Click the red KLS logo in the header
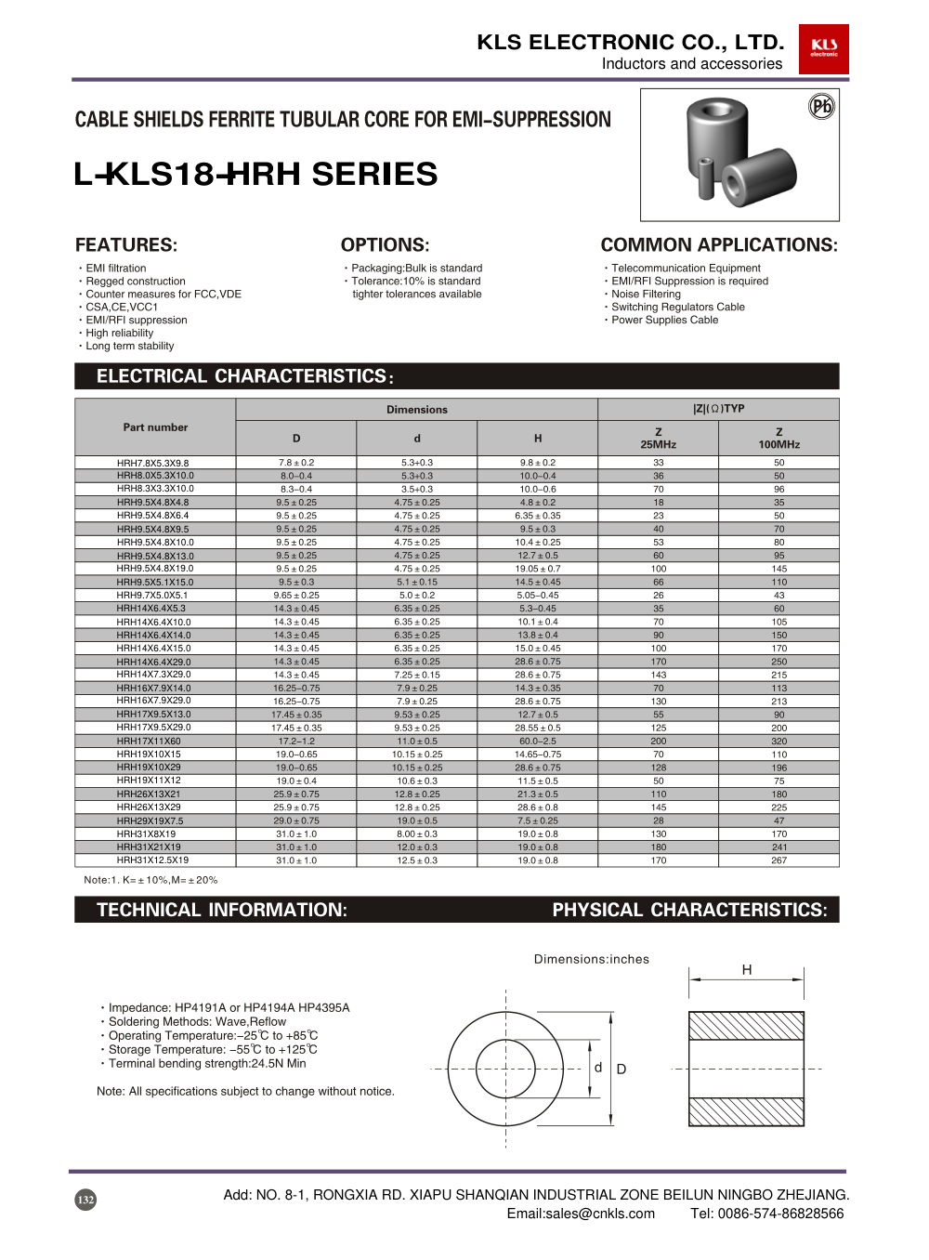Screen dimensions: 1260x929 (x=823, y=48)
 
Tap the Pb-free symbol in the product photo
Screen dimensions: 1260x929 (x=821, y=106)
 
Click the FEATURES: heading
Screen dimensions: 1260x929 (x=126, y=245)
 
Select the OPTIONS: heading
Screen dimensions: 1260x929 (x=385, y=245)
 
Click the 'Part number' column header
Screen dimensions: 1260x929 (x=155, y=427)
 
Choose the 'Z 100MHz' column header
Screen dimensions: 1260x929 (x=779, y=438)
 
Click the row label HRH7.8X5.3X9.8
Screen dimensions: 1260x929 (x=153, y=463)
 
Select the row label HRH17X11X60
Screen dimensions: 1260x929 (x=149, y=742)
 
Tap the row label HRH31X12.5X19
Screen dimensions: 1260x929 (x=152, y=860)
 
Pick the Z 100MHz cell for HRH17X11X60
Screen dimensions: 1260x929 (x=779, y=742)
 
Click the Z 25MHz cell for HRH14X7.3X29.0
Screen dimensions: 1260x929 (x=658, y=675)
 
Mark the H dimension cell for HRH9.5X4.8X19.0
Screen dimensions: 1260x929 (x=537, y=569)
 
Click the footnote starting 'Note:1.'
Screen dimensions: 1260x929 (x=150, y=880)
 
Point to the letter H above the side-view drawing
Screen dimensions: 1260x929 (x=746, y=970)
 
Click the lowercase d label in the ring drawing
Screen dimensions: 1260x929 (x=598, y=1068)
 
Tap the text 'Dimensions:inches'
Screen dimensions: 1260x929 (x=591, y=959)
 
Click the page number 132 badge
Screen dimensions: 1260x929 (x=85, y=1200)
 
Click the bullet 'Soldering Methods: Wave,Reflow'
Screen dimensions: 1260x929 (x=197, y=1021)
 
